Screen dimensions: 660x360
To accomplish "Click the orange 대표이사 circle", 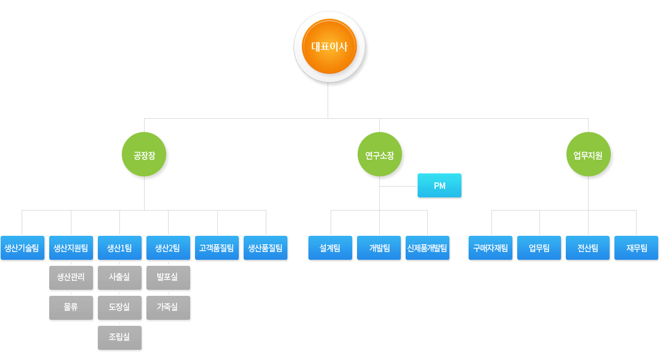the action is [329, 46].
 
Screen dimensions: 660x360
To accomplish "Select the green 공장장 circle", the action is [144, 155].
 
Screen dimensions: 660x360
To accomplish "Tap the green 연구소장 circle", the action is [380, 155].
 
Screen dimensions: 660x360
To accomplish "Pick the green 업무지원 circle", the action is [588, 155].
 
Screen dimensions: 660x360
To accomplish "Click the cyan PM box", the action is [439, 185].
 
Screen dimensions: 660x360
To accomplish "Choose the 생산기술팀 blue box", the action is [22, 248].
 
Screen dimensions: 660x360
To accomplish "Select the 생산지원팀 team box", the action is [71, 248].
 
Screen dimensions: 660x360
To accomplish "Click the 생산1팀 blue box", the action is [119, 248].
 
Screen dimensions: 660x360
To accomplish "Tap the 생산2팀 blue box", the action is [169, 248].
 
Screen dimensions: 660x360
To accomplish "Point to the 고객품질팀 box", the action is [217, 248].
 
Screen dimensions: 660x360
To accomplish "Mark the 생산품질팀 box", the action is [266, 248].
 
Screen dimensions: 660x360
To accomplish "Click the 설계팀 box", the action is [331, 248].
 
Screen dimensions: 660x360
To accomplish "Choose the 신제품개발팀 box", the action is [428, 248].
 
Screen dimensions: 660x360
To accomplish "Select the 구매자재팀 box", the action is [490, 248].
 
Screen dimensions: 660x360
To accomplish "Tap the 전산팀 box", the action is [587, 248].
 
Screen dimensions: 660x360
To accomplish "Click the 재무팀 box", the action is [637, 248].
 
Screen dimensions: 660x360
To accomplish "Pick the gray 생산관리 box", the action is [71, 277].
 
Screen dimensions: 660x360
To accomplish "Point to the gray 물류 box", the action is [71, 308].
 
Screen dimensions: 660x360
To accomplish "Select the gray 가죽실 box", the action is [169, 308].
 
